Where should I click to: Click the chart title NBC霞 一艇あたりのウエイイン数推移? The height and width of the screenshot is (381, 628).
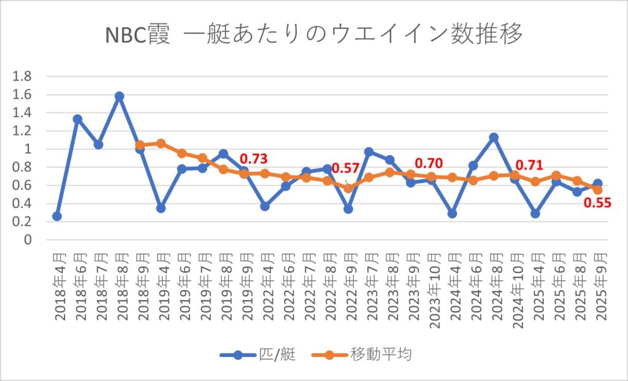pos(314,35)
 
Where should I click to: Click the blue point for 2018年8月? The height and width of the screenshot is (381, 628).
pos(120,96)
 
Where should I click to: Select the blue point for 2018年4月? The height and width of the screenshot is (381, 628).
pos(57,216)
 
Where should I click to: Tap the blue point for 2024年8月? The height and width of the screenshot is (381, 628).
pos(494,137)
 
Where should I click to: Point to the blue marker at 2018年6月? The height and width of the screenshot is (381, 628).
pos(78,119)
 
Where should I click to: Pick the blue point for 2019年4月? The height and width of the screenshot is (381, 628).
pos(161,208)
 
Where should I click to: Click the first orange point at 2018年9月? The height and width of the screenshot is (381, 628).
pos(140,145)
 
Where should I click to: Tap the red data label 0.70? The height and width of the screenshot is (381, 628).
pos(429,164)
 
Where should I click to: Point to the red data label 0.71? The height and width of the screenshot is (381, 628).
pos(528,164)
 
